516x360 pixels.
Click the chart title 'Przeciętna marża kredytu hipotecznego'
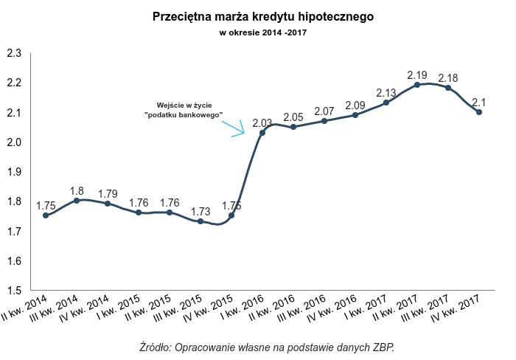tap(258, 16)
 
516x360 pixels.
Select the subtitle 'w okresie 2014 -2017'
tap(258, 32)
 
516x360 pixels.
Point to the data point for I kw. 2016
tap(262, 132)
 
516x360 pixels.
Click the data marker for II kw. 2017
tap(417, 85)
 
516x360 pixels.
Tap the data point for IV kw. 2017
tap(479, 112)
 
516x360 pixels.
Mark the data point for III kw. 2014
tap(77, 200)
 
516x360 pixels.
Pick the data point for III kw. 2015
tap(201, 221)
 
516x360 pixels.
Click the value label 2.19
tap(417, 75)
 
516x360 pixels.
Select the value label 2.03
tap(262, 123)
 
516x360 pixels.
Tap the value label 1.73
tap(201, 212)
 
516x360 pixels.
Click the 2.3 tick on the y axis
tap(13, 53)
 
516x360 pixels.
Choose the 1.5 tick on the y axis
tap(13, 291)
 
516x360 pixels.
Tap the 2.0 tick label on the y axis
tap(13, 142)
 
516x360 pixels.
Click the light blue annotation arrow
tap(234, 127)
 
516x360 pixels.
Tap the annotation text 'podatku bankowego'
tap(183, 115)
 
